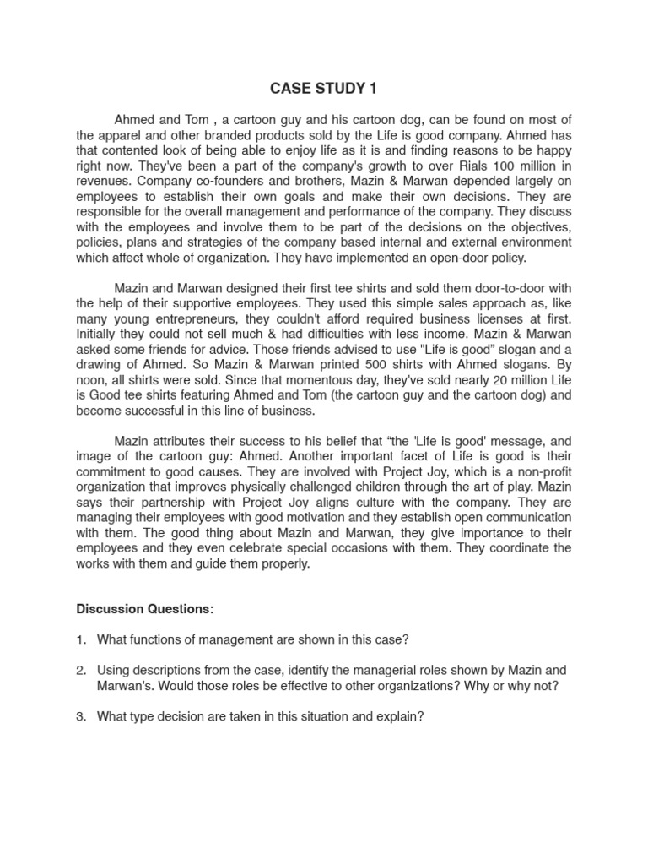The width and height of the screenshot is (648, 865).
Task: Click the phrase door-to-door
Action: (475, 289)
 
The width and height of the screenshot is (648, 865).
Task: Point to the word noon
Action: (91, 380)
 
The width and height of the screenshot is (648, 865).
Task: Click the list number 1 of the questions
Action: (81, 639)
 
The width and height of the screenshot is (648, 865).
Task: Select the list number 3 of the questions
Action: (81, 716)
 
